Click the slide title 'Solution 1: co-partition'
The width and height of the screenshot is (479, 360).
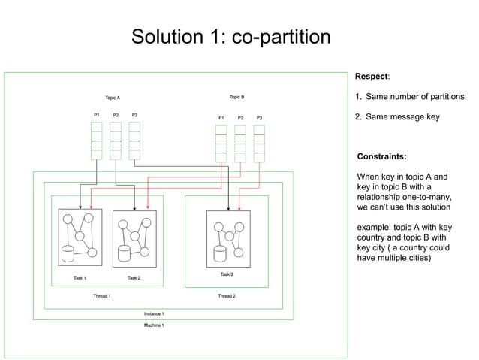pos(230,36)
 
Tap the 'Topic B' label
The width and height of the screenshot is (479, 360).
pos(236,97)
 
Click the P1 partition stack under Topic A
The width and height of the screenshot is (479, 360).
pos(96,141)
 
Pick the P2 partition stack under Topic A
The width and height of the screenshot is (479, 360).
pos(116,141)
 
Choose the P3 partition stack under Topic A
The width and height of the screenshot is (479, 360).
pos(134,141)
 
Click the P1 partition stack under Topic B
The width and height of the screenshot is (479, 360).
pos(221,144)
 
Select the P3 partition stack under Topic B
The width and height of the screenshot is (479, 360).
pos(259,144)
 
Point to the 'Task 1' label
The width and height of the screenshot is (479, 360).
pos(80,278)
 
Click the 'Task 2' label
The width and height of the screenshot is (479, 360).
pos(134,278)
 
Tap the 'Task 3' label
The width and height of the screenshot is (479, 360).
pos(227,274)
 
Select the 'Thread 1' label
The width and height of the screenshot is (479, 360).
pos(102,296)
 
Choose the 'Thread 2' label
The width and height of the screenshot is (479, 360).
pos(227,296)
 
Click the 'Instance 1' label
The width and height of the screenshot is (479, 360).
pos(154,313)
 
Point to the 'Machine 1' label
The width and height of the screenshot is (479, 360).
pos(154,325)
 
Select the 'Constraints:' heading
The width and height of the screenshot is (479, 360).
pos(382,157)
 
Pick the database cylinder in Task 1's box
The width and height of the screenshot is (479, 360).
pos(69,253)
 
